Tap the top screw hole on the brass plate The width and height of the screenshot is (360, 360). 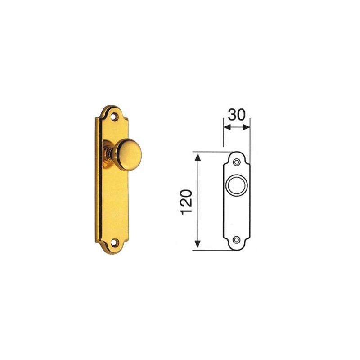(114, 117)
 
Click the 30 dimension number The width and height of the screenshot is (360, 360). (237, 115)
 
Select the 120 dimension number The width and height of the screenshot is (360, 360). (186, 202)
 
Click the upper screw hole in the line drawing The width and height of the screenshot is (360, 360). (237, 162)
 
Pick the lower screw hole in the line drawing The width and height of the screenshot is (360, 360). (236, 240)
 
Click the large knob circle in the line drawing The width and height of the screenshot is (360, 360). (237, 185)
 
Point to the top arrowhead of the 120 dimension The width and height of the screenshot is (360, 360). (198, 157)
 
